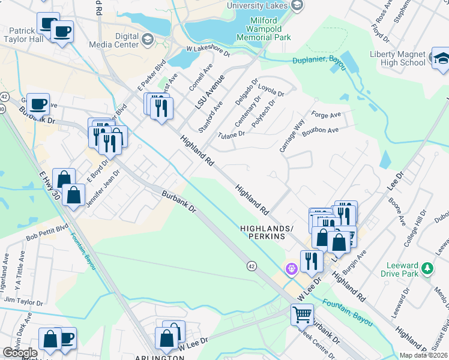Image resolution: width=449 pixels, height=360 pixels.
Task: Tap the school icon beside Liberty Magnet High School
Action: pyautogui.click(x=441, y=58)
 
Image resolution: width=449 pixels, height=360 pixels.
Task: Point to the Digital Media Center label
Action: pyautogui.click(x=114, y=40)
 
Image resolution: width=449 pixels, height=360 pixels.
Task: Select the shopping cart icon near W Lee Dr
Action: pyautogui.click(x=302, y=313)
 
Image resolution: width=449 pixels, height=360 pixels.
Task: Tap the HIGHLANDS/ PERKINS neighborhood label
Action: pyautogui.click(x=262, y=233)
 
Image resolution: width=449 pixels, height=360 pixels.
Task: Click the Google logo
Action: pyautogui.click(x=20, y=353)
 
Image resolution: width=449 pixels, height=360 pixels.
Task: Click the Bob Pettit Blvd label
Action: pyautogui.click(x=47, y=232)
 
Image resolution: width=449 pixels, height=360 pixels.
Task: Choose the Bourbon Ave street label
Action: pyautogui.click(x=321, y=130)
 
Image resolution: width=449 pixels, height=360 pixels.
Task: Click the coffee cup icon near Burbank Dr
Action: pyautogui.click(x=39, y=103)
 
